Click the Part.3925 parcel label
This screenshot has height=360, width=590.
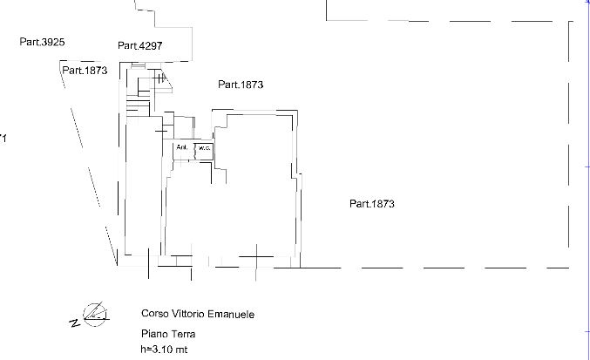click(43, 41)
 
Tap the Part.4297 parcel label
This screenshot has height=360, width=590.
click(140, 45)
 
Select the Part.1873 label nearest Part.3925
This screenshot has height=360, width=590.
click(84, 71)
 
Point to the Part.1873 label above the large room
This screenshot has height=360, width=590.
click(241, 85)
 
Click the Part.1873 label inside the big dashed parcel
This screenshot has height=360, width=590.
click(373, 204)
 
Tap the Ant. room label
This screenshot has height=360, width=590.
click(182, 148)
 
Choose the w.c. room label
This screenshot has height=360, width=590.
click(204, 149)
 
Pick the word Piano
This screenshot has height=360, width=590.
click(153, 334)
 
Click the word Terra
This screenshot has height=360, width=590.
click(184, 334)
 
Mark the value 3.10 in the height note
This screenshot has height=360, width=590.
click(166, 350)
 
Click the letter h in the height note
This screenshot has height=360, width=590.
click(144, 350)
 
